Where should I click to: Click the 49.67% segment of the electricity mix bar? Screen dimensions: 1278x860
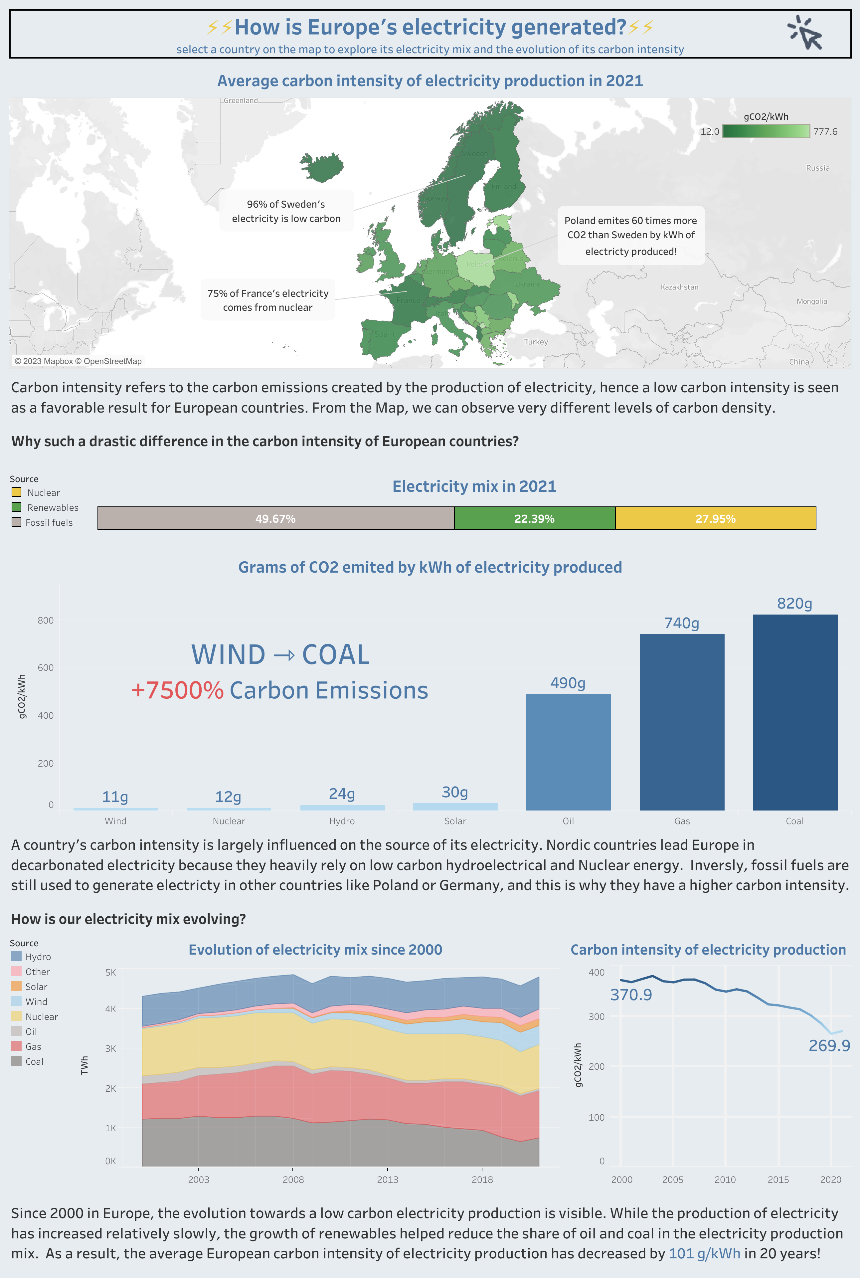coord(275,518)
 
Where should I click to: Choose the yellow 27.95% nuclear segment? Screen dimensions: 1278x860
coord(715,518)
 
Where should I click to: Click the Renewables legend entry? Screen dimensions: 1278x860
coord(53,507)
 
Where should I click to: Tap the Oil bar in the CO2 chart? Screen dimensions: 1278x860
coord(568,751)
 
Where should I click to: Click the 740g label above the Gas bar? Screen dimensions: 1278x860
coord(681,623)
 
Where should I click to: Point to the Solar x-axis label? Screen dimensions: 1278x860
coord(455,821)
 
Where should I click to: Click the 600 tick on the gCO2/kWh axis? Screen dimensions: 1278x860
coord(46,667)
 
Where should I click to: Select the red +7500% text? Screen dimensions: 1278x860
coord(177,690)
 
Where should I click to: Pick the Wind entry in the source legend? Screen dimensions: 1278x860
coord(36,1002)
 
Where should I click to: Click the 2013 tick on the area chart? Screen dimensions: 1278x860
coord(387,1179)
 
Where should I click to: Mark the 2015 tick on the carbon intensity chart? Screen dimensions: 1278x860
coord(778,1179)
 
